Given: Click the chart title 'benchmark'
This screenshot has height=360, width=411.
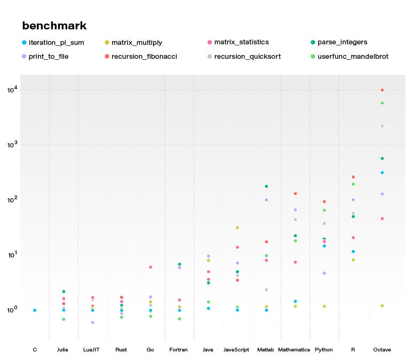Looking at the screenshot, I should click(54, 26).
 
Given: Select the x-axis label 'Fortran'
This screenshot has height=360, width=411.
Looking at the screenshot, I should click(178, 350).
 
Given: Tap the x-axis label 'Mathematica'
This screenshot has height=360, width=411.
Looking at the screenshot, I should click(294, 350).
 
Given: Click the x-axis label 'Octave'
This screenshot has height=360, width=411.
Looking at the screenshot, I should click(382, 350).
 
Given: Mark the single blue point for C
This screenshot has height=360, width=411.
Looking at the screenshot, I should click(35, 310).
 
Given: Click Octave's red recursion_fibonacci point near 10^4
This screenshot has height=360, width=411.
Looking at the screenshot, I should click(382, 90).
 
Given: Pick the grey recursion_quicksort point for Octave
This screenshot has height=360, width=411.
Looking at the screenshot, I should click(382, 126).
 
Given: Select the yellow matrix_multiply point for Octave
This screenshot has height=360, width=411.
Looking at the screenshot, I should click(382, 306).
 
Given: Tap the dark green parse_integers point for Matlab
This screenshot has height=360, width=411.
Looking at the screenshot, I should click(266, 186).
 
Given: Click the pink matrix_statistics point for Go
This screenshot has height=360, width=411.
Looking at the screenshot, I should click(151, 267).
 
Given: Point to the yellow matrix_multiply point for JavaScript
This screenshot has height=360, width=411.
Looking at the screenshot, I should click(238, 228).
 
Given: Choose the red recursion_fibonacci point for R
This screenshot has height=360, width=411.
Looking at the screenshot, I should click(353, 177).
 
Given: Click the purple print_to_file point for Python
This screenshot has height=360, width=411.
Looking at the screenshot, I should click(324, 273).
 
